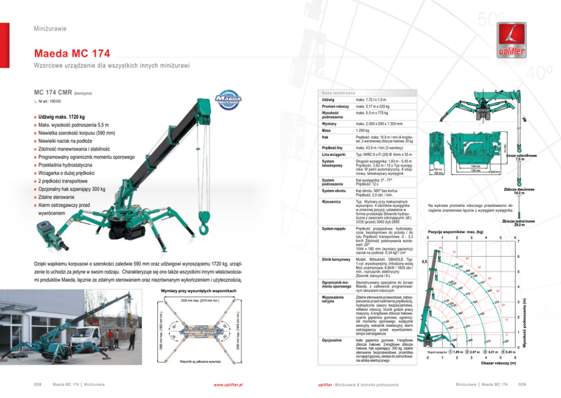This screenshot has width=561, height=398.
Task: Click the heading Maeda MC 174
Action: click(x=72, y=54)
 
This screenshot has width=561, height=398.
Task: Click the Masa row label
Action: click(x=326, y=131)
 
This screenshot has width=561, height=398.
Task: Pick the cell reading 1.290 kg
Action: click(x=363, y=131)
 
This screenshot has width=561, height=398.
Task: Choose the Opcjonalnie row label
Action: click(x=331, y=340)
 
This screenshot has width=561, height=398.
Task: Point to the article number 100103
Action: click(x=51, y=101)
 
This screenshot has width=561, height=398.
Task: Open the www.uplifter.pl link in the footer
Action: click(x=228, y=384)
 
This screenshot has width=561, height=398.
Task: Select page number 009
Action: click(x=521, y=384)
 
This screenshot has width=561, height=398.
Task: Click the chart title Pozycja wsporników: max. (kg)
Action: click(x=455, y=232)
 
